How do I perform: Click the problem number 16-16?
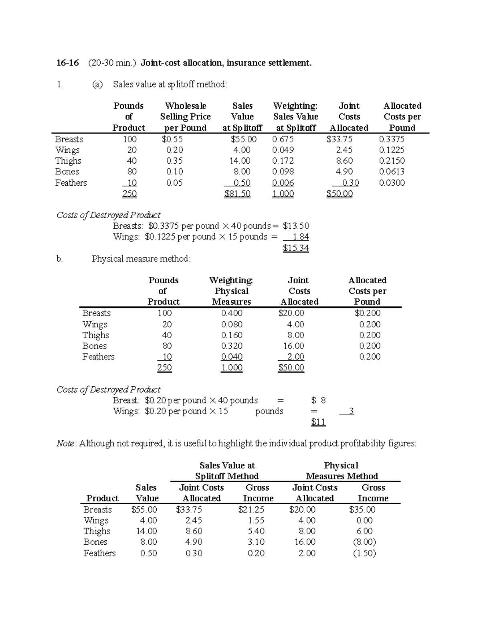coord(67,63)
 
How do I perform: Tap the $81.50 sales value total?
coord(237,194)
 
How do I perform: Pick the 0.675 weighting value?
coord(283,139)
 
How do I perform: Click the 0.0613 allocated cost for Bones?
coord(392,172)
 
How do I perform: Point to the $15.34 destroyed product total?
coord(296,248)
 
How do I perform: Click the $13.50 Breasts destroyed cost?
coord(296,226)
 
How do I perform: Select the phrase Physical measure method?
coord(141,259)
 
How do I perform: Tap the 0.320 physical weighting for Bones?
coord(232,346)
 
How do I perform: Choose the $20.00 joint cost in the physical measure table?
coord(291,313)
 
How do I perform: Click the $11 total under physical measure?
coord(318,422)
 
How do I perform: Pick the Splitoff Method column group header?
coord(226,476)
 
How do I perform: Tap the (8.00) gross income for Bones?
coord(364,542)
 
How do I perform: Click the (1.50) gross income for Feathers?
coord(364,553)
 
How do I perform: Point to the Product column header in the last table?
coord(102,498)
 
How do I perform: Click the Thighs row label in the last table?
coord(97,531)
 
